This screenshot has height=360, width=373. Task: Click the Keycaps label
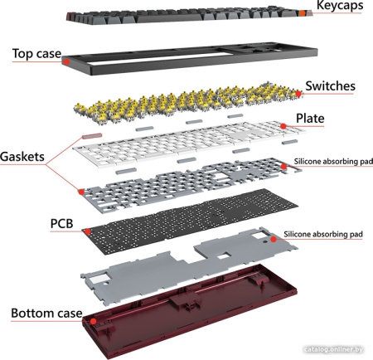340,5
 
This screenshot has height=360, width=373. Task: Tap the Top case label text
36,54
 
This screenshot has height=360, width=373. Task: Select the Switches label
330,86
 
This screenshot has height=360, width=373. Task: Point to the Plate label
310,119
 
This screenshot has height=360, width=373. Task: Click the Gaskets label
22,157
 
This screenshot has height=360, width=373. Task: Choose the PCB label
61,224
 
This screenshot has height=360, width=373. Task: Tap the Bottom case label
46,314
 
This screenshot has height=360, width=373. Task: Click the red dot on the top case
66,61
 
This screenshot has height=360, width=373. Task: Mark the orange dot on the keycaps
303,13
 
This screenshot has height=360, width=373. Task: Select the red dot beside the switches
298,94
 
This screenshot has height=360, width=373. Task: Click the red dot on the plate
283,126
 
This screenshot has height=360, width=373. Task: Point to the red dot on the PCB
88,231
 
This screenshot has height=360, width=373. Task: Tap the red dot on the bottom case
94,321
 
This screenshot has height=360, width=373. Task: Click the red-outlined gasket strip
92,136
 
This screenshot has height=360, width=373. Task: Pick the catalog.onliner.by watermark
333,349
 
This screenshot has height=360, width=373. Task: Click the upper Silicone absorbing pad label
333,162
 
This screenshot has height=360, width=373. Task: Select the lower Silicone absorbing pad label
323,235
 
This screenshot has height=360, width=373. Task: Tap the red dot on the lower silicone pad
273,239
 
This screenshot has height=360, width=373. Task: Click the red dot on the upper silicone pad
283,167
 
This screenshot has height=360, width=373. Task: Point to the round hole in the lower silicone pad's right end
265,241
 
